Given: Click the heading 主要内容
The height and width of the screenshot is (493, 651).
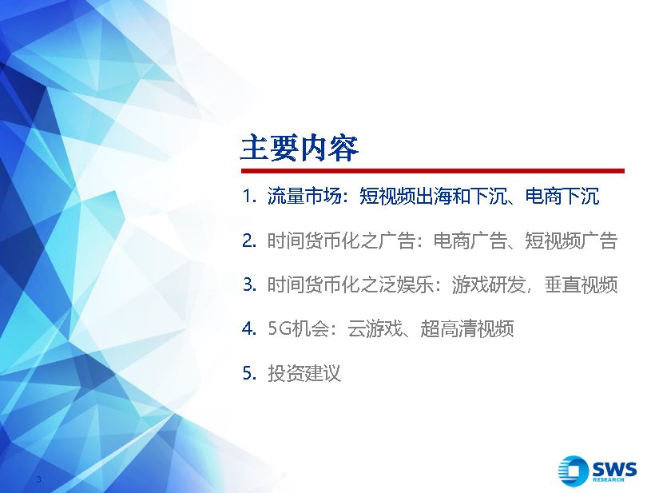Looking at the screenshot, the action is (300, 148).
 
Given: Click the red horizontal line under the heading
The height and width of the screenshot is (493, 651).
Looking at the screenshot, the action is (433, 171).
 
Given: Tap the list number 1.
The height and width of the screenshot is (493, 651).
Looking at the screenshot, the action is (248, 196).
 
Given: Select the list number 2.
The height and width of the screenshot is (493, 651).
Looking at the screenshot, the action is (249, 241).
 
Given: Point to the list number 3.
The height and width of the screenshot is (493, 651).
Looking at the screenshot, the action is (249, 284).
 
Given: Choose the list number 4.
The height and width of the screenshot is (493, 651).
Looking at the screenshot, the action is (249, 328).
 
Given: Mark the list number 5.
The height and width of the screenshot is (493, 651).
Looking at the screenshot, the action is (249, 373).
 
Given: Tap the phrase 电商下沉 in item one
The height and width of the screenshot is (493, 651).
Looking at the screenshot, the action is (562, 196).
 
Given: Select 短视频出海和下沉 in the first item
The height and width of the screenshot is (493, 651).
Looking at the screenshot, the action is (433, 196).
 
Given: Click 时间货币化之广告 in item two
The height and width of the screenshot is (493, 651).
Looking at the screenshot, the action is (341, 241).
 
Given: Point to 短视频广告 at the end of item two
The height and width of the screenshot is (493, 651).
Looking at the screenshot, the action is (571, 241).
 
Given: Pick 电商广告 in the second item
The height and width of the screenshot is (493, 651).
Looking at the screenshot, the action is (470, 241).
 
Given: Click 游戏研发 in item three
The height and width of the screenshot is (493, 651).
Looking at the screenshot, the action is (489, 284).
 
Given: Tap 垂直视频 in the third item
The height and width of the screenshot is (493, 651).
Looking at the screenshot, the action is (581, 284).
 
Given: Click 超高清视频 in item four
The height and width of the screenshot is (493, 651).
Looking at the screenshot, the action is (467, 328).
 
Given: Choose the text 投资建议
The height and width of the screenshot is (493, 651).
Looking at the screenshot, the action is (304, 373).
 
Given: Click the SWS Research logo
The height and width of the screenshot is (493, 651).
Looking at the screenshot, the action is (597, 471).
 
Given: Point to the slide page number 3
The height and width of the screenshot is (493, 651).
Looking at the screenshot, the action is (39, 479).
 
